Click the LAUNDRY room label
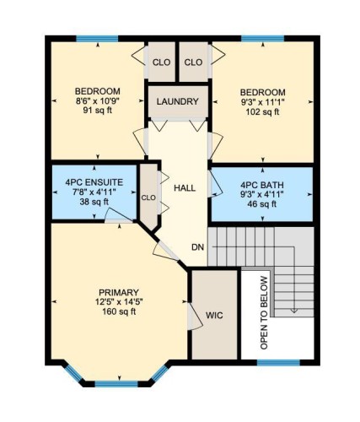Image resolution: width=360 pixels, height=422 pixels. [x=178, y=102]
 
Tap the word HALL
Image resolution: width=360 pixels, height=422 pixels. [x=185, y=187]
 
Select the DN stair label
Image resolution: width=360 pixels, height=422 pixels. [x=197, y=247]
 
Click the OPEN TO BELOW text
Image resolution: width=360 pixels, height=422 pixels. [x=264, y=312]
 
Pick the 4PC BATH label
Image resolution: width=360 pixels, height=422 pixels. [x=260, y=184]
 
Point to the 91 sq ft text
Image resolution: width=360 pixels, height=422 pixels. [x=97, y=118]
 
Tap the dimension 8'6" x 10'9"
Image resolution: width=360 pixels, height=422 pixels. [x=97, y=105]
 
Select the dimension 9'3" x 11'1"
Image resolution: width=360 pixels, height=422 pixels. [x=261, y=105]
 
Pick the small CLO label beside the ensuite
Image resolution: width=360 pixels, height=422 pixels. [x=149, y=198]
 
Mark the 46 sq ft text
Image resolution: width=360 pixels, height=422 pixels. [x=260, y=204]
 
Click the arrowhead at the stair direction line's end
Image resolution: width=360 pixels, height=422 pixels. [x=294, y=311]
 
